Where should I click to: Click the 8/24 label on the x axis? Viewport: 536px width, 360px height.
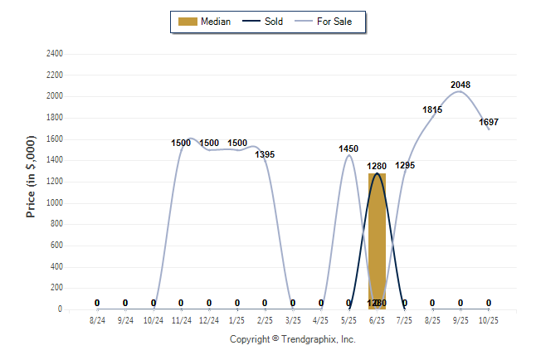point(98,319)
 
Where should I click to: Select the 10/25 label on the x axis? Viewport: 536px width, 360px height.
point(489,319)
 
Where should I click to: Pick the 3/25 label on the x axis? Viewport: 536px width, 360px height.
point(293,319)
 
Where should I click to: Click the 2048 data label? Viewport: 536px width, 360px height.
point(460,85)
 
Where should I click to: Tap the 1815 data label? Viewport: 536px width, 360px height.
point(432,109)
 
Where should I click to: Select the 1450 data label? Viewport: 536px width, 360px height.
point(348,148)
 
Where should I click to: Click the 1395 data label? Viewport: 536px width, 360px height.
point(265,154)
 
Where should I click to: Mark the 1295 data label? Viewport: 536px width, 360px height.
point(405,166)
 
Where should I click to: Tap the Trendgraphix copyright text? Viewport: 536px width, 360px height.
point(292,339)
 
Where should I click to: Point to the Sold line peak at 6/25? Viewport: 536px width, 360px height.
point(377,173)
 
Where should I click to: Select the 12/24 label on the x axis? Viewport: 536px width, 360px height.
point(209,319)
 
